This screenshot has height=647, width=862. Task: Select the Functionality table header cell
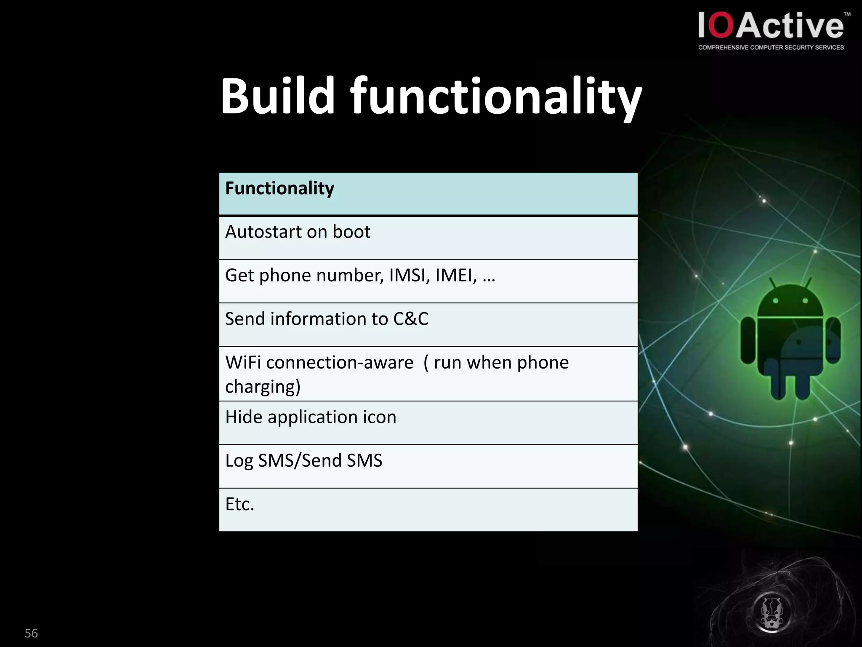(428, 194)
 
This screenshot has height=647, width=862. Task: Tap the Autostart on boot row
(428, 238)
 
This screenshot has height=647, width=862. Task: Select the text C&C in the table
(410, 319)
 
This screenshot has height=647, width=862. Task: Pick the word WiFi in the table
(243, 363)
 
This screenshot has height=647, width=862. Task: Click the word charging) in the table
(263, 387)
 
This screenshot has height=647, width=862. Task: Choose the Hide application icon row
(428, 422)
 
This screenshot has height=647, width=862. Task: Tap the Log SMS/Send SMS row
(428, 466)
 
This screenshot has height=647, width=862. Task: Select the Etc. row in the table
(428, 509)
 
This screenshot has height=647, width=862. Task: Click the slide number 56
(31, 633)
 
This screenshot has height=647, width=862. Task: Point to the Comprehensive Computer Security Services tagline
(771, 48)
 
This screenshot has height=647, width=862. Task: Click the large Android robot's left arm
(748, 340)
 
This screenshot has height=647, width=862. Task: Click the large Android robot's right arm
(833, 340)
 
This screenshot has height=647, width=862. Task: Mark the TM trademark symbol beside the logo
(847, 14)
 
